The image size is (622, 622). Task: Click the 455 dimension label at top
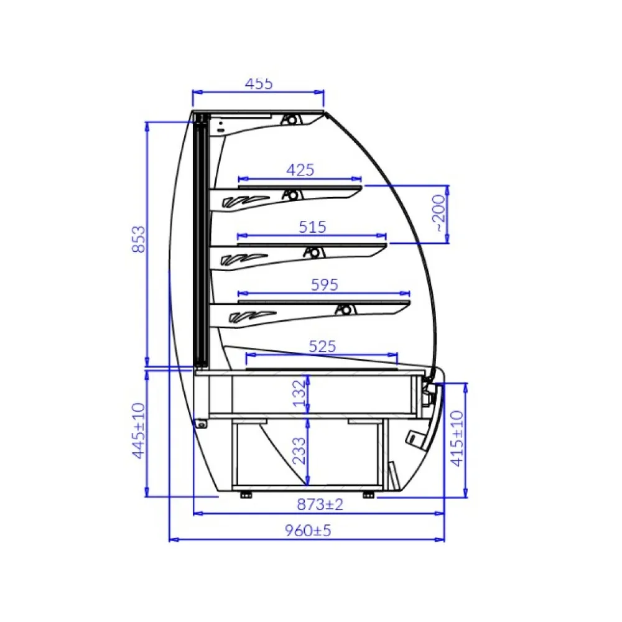click(x=259, y=84)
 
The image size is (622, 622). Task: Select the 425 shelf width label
click(x=300, y=170)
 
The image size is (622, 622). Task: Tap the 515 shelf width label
click(x=313, y=227)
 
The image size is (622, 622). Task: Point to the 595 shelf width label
click(x=325, y=285)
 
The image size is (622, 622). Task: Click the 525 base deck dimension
click(x=322, y=346)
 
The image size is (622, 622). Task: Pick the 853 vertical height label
click(x=139, y=239)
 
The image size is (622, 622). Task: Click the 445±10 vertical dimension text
click(x=139, y=431)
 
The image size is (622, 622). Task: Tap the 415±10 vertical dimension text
click(x=457, y=439)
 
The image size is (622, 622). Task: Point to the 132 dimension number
click(x=299, y=394)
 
